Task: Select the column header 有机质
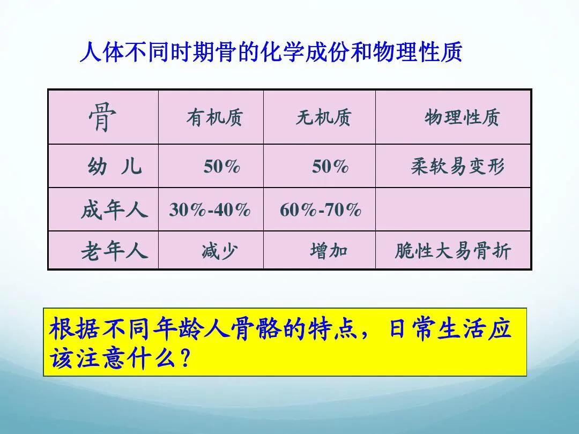pyautogui.click(x=214, y=117)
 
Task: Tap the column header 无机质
pyautogui.click(x=323, y=117)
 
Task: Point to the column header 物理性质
pyautogui.click(x=462, y=117)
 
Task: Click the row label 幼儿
pyautogui.click(x=114, y=167)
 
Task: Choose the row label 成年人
pyautogui.click(x=114, y=209)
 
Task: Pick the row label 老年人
pyautogui.click(x=114, y=251)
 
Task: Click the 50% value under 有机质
pyautogui.click(x=221, y=167)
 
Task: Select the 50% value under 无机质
pyautogui.click(x=330, y=167)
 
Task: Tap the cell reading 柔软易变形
pyautogui.click(x=457, y=167)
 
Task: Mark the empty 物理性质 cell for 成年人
pyautogui.click(x=453, y=209)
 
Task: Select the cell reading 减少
pyautogui.click(x=219, y=251)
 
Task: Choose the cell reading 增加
pyautogui.click(x=329, y=251)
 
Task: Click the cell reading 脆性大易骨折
pyautogui.click(x=453, y=251)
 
